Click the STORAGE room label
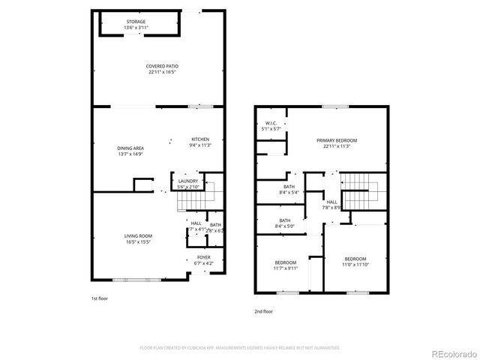(x=136, y=22)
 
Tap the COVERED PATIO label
(x=162, y=66)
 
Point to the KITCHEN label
(x=199, y=139)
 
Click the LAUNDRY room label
(x=188, y=181)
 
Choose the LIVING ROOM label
(x=138, y=236)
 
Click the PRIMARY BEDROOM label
(x=336, y=140)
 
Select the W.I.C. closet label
(x=271, y=124)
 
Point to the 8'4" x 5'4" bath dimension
(x=289, y=192)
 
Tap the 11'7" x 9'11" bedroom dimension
(x=285, y=268)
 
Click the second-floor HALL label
(x=331, y=202)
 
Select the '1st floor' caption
(x=100, y=298)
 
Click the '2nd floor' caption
(x=263, y=310)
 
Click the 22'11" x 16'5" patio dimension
(x=162, y=73)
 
